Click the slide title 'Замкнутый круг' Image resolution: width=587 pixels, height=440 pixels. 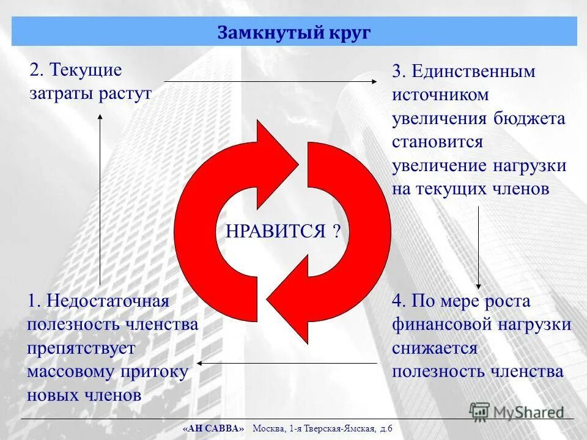coord(293,32)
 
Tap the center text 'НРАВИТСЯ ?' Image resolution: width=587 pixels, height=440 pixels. coord(283,232)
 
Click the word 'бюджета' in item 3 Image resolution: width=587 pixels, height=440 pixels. coord(530,119)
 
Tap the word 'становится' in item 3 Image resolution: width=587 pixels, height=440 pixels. coord(438,142)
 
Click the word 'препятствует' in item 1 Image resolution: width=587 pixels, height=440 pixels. coord(81,348)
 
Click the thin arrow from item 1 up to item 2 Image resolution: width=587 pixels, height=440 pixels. coord(100,196)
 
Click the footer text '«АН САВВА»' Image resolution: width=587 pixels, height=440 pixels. coord(213,428)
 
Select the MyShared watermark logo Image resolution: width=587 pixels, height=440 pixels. coord(517,411)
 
